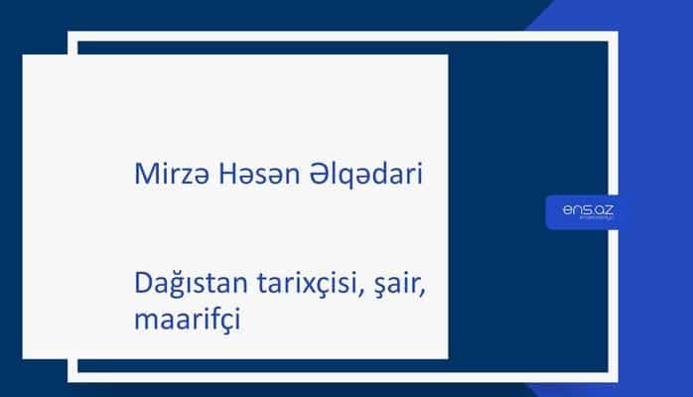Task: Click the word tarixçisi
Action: (x=308, y=287)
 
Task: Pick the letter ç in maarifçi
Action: (x=224, y=324)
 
